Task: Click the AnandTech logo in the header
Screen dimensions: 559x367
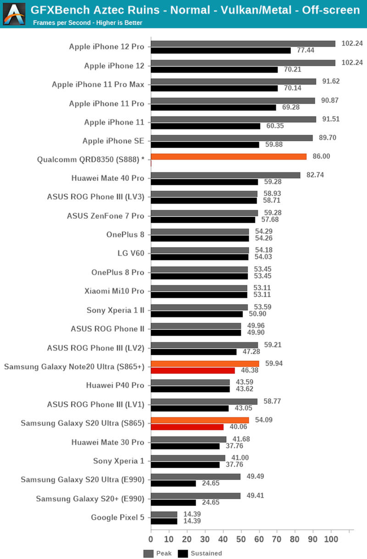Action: [14, 13]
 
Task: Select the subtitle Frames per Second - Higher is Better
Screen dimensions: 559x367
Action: [88, 22]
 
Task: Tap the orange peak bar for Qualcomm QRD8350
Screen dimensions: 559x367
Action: [228, 156]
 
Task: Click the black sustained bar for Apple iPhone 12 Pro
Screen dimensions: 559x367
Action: [221, 50]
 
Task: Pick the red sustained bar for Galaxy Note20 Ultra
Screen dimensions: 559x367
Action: [193, 370]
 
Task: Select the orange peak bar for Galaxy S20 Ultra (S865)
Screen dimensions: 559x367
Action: [200, 420]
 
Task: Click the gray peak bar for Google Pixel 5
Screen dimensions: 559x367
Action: [164, 514]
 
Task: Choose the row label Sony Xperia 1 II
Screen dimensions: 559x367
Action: [115, 310]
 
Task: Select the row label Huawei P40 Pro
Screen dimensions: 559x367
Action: [115, 385]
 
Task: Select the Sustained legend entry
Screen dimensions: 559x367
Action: [200, 553]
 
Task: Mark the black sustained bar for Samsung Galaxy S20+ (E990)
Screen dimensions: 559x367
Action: [173, 502]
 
